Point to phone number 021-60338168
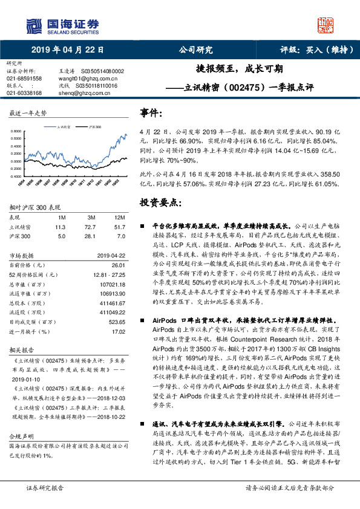click(24, 93)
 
